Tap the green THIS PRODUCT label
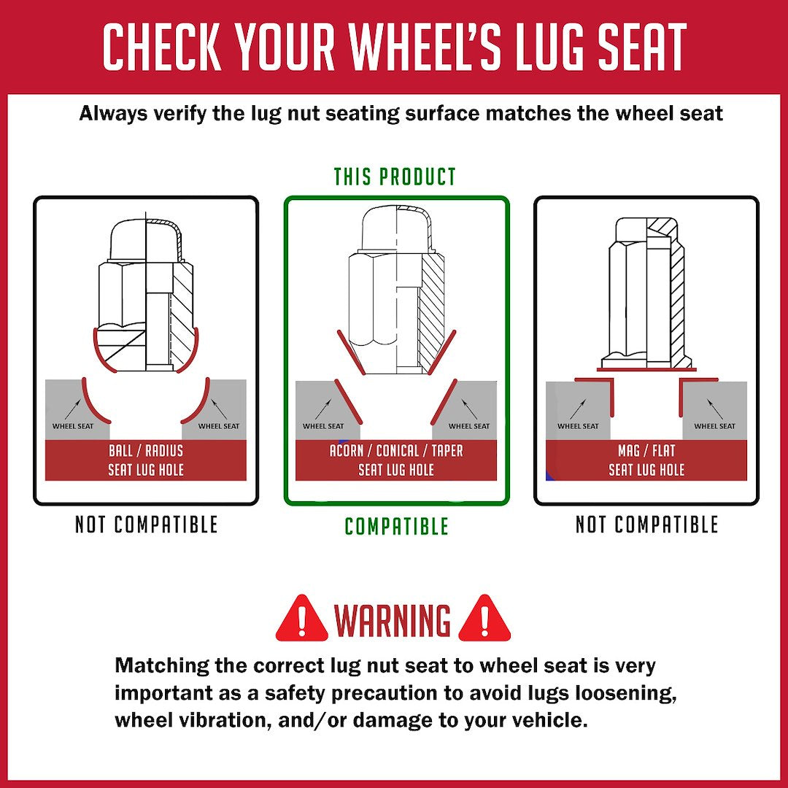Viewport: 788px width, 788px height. pos(395,177)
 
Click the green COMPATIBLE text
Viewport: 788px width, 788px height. pos(396,526)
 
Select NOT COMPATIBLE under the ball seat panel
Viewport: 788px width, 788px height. pos(146,525)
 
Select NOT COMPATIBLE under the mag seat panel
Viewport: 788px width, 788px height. pos(646,525)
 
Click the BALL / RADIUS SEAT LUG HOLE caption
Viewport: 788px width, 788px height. pos(146,460)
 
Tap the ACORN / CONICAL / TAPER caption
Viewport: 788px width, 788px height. pos(396,451)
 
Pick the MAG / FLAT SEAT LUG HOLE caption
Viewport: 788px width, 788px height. pos(646,460)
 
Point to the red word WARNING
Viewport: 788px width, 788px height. pos(393,620)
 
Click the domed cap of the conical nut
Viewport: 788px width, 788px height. pos(396,229)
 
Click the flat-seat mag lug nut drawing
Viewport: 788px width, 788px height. pos(646,294)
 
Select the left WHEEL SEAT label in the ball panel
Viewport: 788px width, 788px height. pos(73,426)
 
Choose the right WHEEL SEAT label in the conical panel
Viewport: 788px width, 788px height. pos(469,426)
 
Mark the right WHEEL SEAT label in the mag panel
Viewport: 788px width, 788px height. pos(714,426)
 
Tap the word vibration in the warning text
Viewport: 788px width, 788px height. pos(215,720)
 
